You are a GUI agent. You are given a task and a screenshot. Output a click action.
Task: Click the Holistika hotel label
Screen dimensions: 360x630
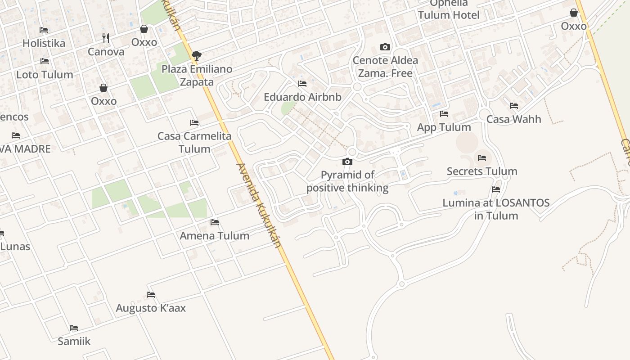44,43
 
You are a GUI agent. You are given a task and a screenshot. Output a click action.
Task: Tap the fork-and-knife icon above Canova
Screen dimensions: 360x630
106,38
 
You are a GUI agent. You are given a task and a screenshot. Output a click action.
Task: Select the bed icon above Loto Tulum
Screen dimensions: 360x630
45,61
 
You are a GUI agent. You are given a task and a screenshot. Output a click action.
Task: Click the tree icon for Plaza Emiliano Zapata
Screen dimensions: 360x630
196,56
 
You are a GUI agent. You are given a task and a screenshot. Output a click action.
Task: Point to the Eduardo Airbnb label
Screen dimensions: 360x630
302,97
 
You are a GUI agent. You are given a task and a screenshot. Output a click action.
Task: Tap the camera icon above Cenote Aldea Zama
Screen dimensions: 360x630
385,47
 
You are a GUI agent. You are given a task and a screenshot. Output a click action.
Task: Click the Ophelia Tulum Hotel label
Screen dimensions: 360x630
449,9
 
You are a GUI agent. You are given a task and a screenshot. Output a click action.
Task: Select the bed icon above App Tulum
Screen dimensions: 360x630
444,113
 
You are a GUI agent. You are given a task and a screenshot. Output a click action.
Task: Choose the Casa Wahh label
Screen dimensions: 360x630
513,119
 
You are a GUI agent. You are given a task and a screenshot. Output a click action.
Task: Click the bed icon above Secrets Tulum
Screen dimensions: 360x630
482,157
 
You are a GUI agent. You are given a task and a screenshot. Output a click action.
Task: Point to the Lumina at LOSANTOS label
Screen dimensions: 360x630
496,209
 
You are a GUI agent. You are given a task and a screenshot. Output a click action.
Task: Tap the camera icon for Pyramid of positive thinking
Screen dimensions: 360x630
347,162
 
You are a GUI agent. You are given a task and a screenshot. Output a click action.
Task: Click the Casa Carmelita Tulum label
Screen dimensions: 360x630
194,142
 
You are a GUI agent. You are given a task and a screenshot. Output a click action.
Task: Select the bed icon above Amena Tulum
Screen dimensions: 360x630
215,222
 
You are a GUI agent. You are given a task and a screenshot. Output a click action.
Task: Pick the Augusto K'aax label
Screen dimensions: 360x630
151,308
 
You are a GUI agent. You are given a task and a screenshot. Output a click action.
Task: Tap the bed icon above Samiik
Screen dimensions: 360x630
74,328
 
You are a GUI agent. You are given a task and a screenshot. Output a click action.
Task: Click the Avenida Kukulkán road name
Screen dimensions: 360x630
259,205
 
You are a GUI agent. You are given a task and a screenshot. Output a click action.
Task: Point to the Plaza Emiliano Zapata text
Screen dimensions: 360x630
197,75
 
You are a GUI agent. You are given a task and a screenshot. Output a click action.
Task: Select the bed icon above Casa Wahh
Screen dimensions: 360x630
514,106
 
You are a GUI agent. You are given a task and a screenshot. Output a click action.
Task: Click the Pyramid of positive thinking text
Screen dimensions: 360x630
347,181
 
